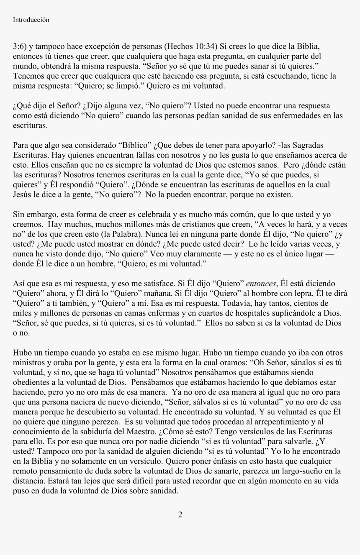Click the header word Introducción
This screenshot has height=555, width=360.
point(31,20)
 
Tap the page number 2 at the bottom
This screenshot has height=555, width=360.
point(180,515)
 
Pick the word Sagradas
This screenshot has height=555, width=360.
point(307,146)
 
